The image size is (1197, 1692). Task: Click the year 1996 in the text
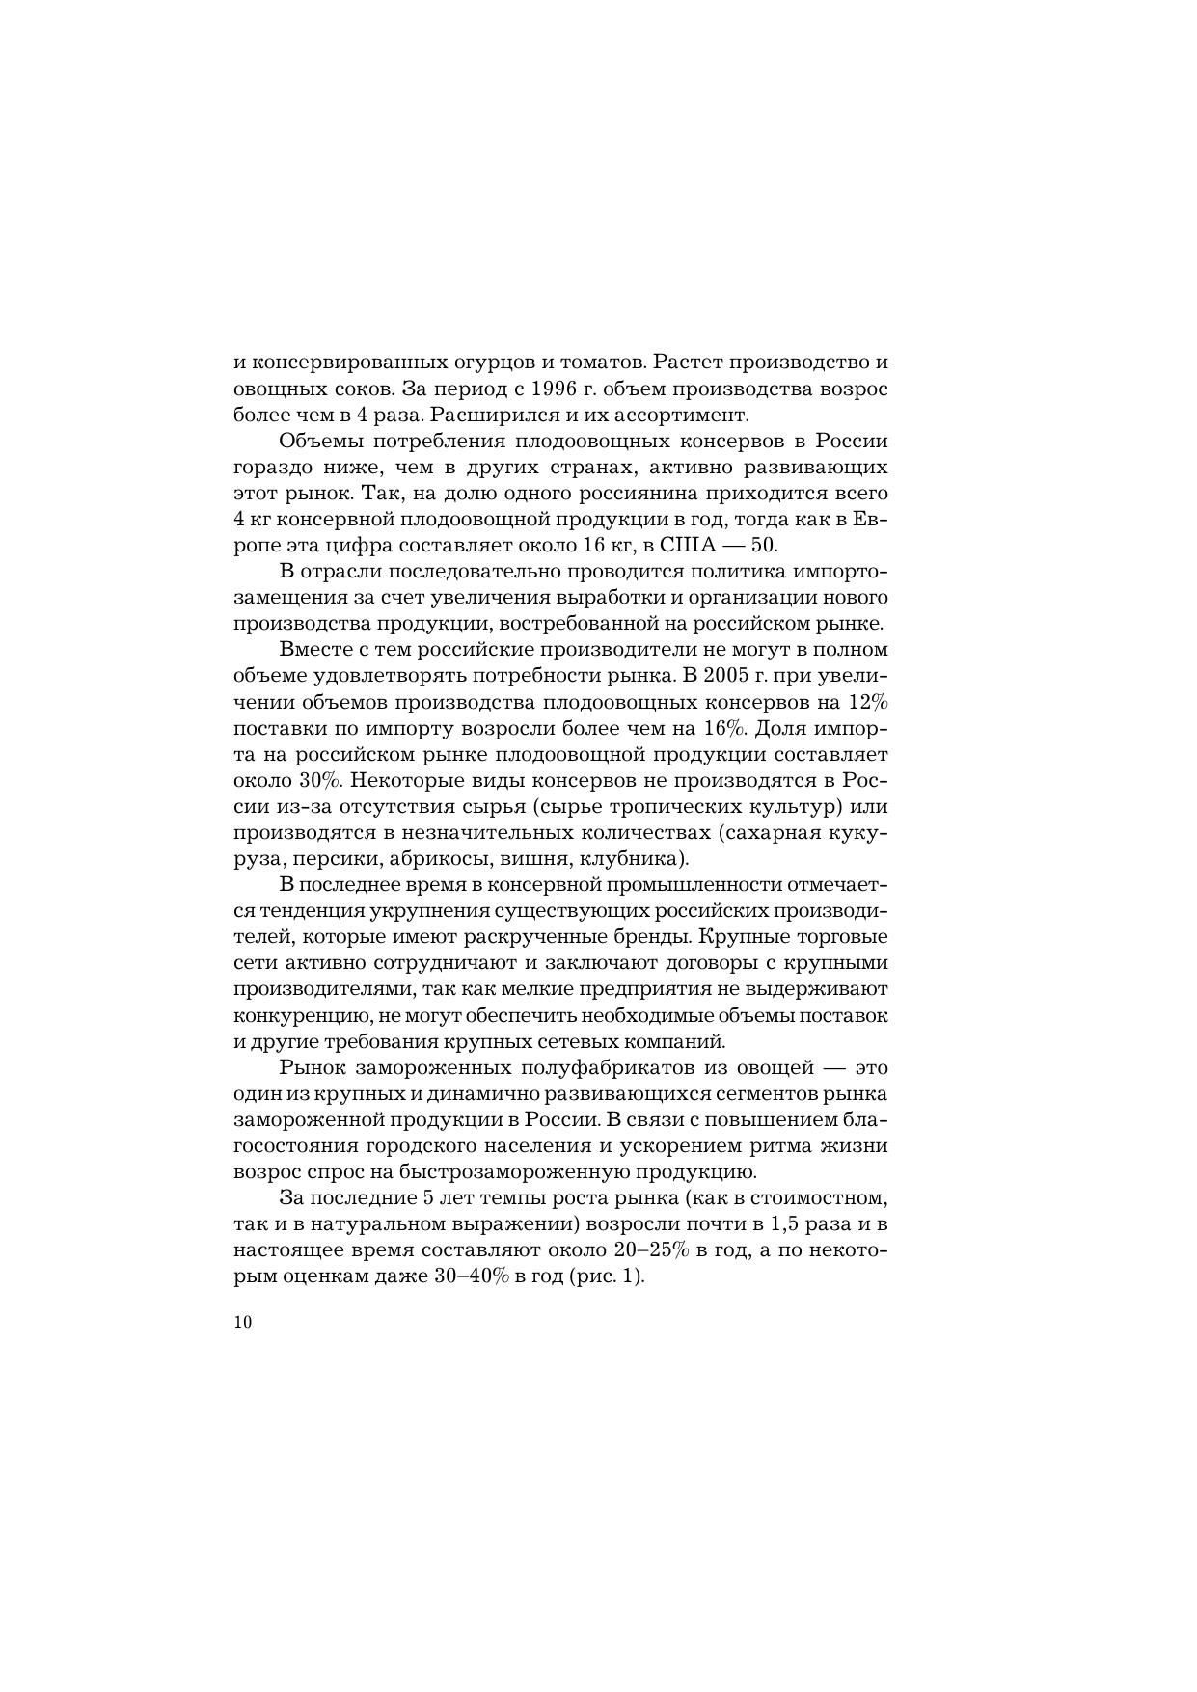pyautogui.click(x=553, y=389)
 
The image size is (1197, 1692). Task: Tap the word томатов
pyautogui.click(x=596, y=363)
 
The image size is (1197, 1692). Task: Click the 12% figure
pyautogui.click(x=868, y=702)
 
